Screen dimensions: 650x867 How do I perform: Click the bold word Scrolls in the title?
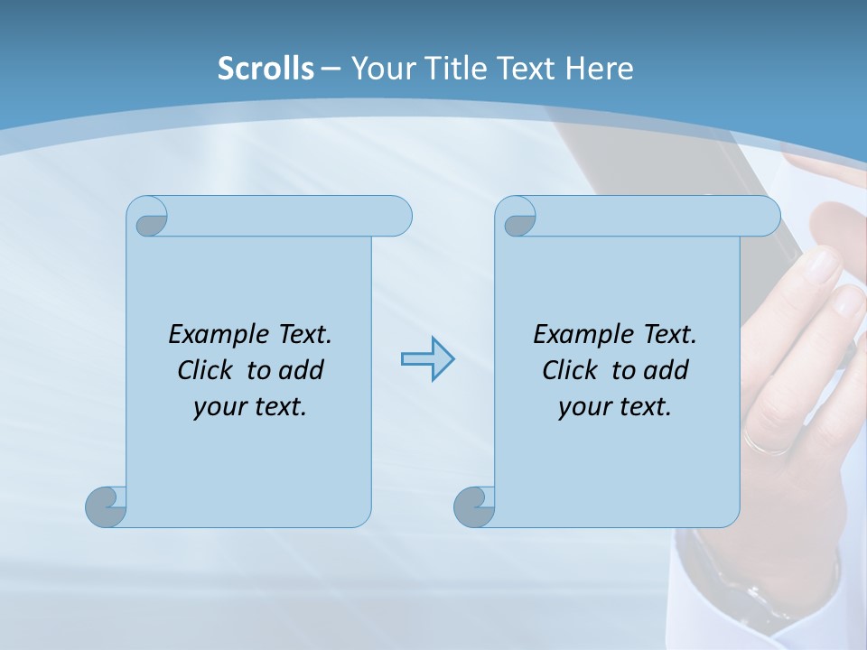[x=266, y=69]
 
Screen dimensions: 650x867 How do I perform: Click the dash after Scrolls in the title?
[x=331, y=69]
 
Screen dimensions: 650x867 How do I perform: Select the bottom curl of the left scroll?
[x=106, y=506]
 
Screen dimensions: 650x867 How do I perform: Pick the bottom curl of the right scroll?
[x=474, y=506]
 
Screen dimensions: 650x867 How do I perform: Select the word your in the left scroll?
[x=218, y=407]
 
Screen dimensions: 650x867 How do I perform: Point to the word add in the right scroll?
[x=667, y=370]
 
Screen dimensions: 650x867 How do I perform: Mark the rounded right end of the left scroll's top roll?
[x=398, y=217]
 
